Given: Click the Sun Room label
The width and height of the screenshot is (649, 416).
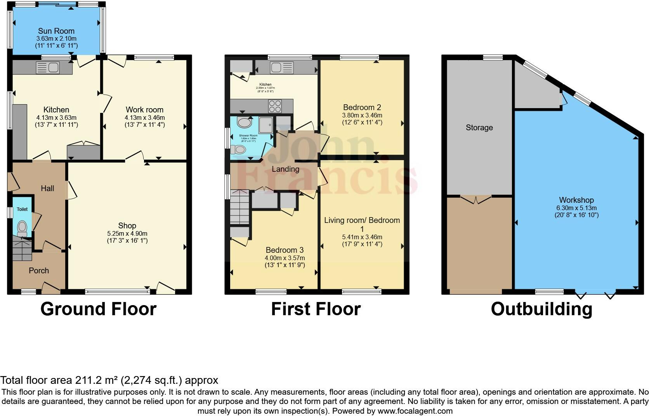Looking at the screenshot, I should [x=56, y=31].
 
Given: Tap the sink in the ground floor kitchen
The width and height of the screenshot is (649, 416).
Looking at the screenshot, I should [x=47, y=68].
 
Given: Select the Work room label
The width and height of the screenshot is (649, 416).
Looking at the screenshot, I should [x=144, y=110].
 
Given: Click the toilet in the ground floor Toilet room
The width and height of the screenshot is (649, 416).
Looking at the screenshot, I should [x=22, y=226].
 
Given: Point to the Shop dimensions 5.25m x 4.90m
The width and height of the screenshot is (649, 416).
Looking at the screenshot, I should [x=127, y=233].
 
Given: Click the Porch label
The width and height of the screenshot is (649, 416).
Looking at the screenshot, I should [x=39, y=271].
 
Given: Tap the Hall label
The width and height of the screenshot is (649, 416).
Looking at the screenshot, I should [x=47, y=188].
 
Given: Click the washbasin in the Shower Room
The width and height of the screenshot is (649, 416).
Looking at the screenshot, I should [x=245, y=123].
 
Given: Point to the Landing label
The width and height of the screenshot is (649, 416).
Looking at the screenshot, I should [x=285, y=169].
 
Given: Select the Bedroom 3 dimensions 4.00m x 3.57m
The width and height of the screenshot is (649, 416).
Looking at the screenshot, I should [x=285, y=258].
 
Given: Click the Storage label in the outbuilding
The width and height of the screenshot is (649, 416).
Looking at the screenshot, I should [x=479, y=128].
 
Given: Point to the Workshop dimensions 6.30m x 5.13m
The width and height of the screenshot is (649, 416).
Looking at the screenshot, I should [x=576, y=207].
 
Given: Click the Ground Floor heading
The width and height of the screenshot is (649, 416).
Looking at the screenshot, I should [x=98, y=309].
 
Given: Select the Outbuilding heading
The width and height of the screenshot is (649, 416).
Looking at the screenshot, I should [x=541, y=309].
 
